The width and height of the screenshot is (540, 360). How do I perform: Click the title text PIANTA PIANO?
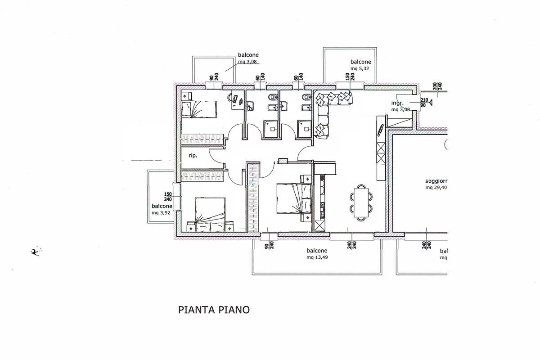(214, 310)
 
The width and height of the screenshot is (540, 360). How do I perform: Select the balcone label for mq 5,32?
(360, 62)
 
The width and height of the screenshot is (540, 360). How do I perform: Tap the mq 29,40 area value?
(436, 188)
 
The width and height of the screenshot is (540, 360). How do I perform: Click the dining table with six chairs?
(361, 202)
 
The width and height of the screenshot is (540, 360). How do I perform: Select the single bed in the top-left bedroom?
(198, 110)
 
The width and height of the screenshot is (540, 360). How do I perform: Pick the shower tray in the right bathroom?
(305, 128)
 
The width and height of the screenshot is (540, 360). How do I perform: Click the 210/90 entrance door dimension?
(423, 103)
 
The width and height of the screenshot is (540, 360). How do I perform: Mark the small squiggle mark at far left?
(35, 252)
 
